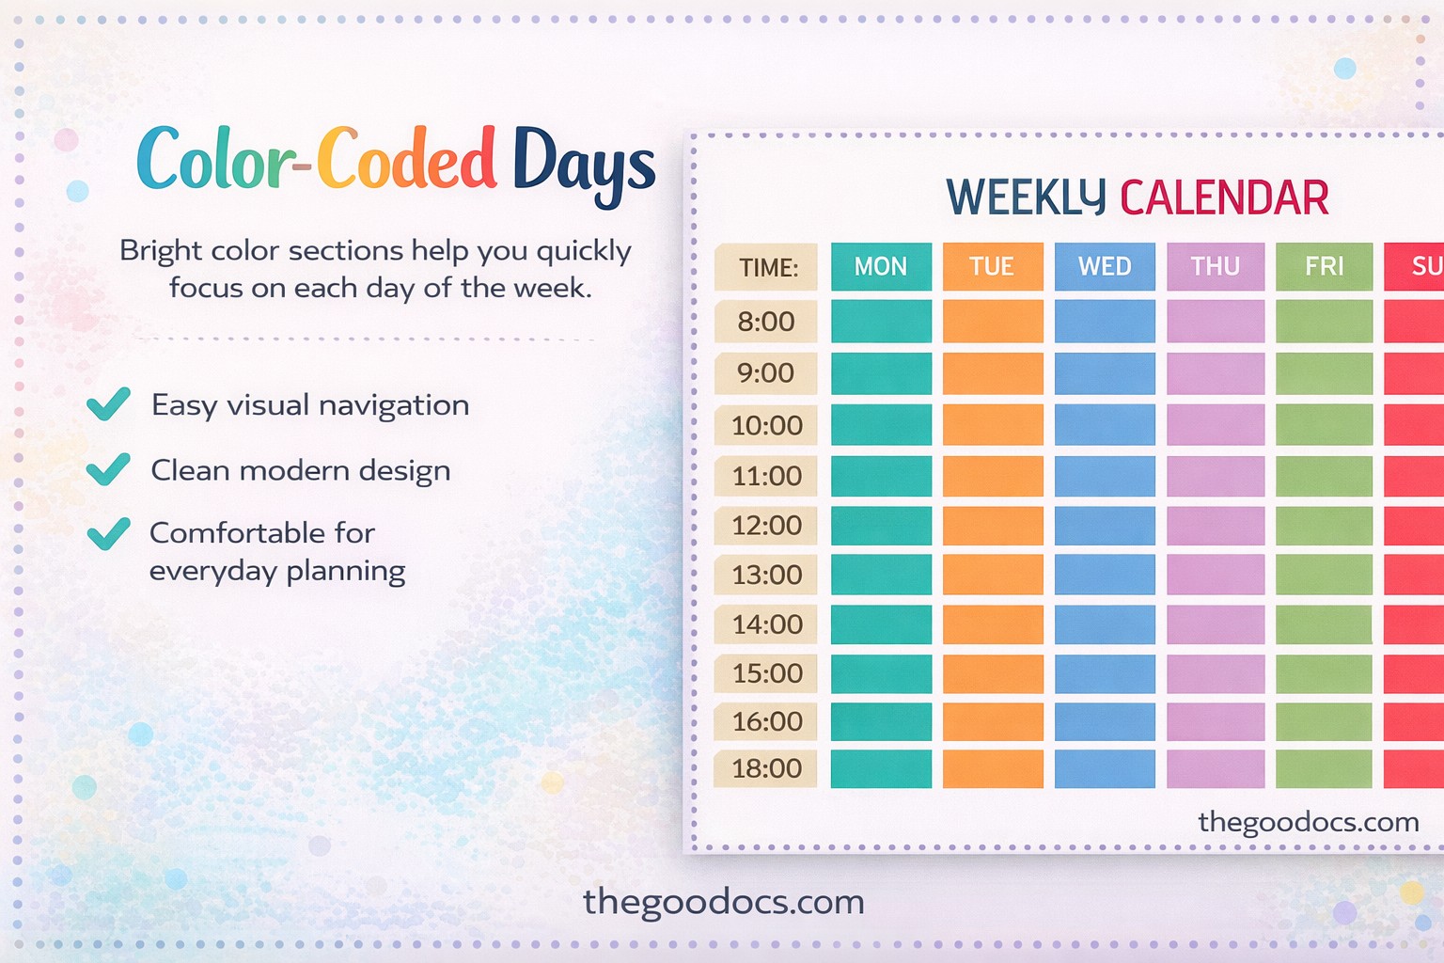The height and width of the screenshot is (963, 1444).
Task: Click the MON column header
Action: pyautogui.click(x=881, y=267)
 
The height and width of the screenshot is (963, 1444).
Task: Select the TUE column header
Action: pyautogui.click(x=992, y=267)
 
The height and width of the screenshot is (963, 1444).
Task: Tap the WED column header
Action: pyautogui.click(x=1105, y=267)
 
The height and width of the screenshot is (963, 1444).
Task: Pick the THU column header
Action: pyautogui.click(x=1216, y=267)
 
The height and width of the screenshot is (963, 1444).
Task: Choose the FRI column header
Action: pyautogui.click(x=1324, y=267)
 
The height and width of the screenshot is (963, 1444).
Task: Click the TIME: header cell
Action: pyautogui.click(x=766, y=268)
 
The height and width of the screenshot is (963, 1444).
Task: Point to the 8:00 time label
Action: pyautogui.click(x=766, y=322)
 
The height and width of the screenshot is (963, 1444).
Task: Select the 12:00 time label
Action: pyautogui.click(x=766, y=526)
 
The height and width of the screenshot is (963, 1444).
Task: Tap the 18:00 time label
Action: pyautogui.click(x=766, y=768)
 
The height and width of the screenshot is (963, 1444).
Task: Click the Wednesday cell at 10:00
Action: pyautogui.click(x=1105, y=425)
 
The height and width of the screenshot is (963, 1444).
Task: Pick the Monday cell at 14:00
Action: pyautogui.click(x=881, y=624)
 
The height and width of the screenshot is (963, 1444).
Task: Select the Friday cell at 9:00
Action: pyautogui.click(x=1324, y=373)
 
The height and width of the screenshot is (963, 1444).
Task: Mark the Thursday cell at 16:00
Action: pyautogui.click(x=1216, y=721)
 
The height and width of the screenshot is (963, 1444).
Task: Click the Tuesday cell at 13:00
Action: pyautogui.click(x=992, y=575)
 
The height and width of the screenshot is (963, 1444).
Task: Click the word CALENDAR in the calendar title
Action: pyautogui.click(x=1224, y=198)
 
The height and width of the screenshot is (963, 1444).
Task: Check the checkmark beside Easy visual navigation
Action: pyautogui.click(x=108, y=404)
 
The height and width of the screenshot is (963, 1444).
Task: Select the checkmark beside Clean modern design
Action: pyautogui.click(x=108, y=469)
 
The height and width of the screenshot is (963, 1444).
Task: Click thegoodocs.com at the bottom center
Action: pyautogui.click(x=723, y=902)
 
